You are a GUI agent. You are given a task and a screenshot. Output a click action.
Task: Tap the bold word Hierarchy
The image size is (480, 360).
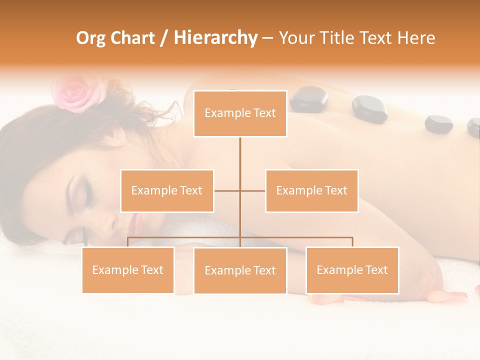tap(215, 38)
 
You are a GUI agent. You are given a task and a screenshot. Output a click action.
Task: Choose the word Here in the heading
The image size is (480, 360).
tap(416, 38)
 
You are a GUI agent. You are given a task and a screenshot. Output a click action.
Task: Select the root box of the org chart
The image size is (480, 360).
tap(240, 113)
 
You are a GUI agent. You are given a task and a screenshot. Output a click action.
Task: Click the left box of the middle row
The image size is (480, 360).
tap(167, 191)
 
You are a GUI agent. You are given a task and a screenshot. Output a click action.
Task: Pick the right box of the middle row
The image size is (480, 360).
tap(311, 191)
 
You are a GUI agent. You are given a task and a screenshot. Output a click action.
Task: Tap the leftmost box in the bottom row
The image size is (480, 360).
tap(128, 270)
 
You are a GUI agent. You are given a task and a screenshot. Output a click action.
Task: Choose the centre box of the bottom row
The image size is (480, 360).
tap(240, 270)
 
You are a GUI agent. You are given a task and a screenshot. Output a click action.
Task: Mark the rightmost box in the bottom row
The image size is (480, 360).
tap(352, 270)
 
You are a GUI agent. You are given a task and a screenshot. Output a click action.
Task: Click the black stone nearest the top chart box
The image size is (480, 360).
tap(308, 99)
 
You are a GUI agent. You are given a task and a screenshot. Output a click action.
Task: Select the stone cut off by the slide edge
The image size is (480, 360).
tap(474, 128)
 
